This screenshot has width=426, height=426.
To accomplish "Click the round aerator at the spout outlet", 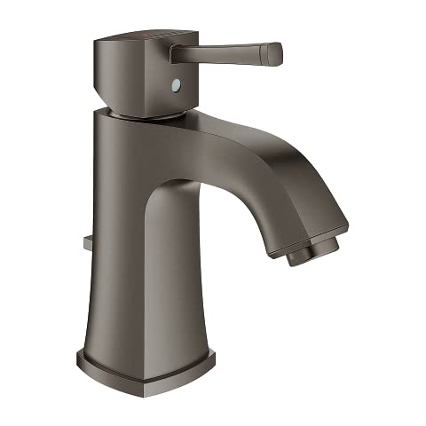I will pos(306,252).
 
